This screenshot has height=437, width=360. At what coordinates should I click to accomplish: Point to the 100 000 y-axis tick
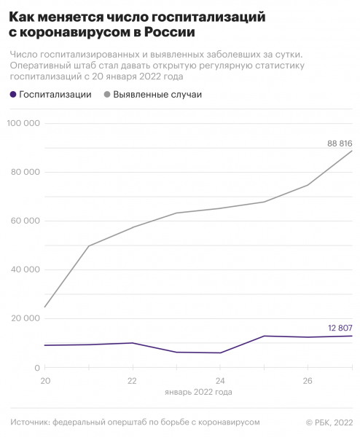pyautogui.click(x=25, y=124)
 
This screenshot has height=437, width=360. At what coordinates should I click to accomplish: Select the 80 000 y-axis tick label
pyautogui.click(x=26, y=173)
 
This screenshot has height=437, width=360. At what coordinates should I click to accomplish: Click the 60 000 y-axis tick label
pyautogui.click(x=26, y=221)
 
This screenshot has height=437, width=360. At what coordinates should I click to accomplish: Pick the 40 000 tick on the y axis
pyautogui.click(x=26, y=270)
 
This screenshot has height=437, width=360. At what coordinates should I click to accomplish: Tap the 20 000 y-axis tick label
pyautogui.click(x=26, y=319)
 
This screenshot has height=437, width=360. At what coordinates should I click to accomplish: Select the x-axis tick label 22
pyautogui.click(x=132, y=381)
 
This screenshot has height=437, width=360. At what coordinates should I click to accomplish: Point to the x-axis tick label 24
pyautogui.click(x=220, y=381)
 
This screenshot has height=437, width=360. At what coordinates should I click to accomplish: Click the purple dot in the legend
pyautogui.click(x=12, y=95)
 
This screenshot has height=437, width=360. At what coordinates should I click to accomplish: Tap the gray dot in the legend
pyautogui.click(x=108, y=95)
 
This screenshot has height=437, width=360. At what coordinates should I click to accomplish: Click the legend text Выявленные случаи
pyautogui.click(x=157, y=95)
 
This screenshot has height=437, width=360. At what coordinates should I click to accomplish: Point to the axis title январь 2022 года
pyautogui.click(x=198, y=392)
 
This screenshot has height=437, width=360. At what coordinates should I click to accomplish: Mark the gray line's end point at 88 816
pyautogui.click(x=352, y=151)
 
